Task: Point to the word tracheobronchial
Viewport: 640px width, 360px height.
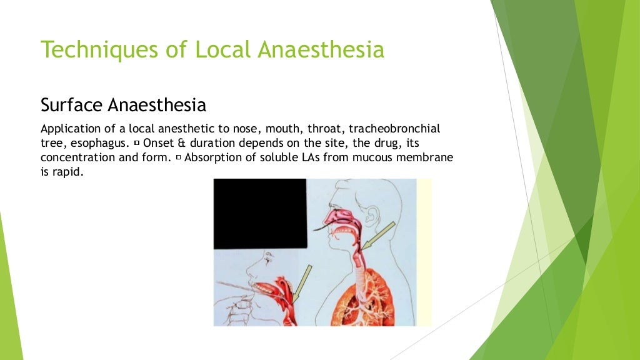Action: pyautogui.click(x=394, y=129)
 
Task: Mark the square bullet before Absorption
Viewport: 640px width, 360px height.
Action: pyautogui.click(x=179, y=158)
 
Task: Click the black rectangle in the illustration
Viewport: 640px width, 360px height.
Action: pyautogui.click(x=259, y=212)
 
